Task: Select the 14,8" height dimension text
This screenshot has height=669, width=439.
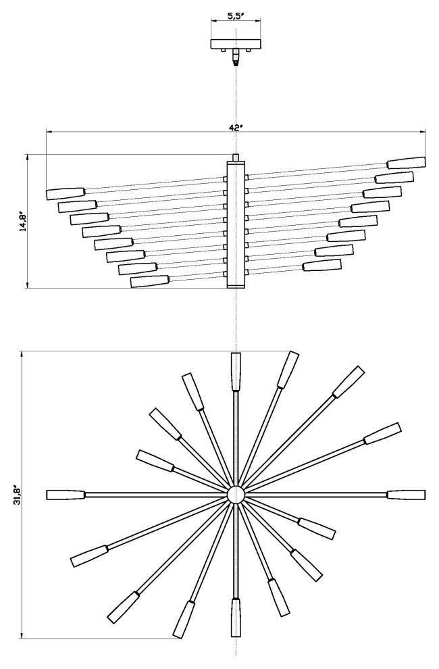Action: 22,222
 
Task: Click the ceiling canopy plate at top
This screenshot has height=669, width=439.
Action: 235,45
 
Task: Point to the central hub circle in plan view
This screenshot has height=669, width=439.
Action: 235,495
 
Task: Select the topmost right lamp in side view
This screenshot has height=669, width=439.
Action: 406,163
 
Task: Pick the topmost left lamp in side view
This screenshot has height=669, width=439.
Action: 65,193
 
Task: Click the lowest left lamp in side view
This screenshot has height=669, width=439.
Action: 149,281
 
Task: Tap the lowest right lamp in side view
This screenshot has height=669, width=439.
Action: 322,265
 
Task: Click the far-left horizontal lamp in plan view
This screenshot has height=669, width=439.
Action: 65,495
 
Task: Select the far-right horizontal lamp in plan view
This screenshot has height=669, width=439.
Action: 406,495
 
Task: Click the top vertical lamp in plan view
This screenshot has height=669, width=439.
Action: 236,371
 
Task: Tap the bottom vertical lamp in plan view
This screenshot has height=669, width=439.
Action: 236,618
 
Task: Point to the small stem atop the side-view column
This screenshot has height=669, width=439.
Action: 235,157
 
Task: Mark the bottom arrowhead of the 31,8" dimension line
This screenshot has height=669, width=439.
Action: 22,636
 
